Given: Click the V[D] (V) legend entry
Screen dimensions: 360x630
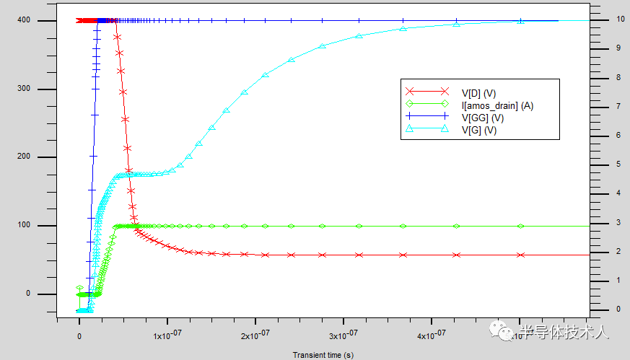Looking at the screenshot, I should click(x=479, y=92).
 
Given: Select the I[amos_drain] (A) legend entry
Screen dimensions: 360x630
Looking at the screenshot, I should click(x=496, y=105).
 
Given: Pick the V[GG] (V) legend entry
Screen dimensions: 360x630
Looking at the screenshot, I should click(x=482, y=118).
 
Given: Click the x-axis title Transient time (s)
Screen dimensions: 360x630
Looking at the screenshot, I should click(x=323, y=355).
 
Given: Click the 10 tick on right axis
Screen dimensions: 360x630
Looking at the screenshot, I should click(x=611, y=19).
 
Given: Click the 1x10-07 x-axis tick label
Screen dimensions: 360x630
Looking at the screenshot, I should click(x=167, y=335).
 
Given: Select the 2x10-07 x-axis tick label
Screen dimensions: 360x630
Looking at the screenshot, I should click(x=255, y=335).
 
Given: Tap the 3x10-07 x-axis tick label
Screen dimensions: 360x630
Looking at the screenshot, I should click(x=344, y=335).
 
